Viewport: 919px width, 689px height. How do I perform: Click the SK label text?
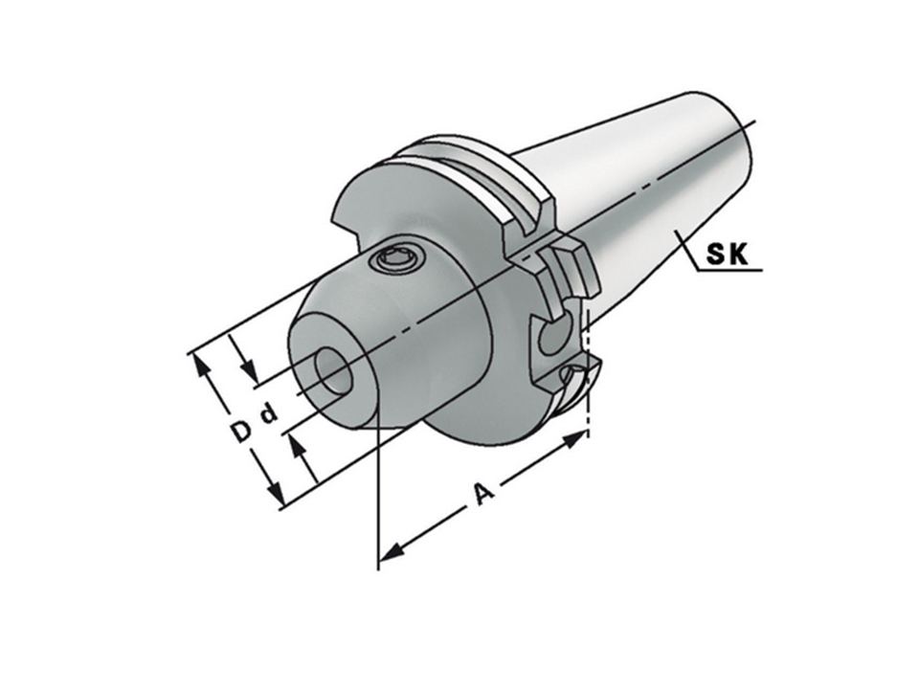728,255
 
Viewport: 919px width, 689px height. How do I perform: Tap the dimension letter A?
483,494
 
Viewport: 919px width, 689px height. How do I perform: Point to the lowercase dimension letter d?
268,414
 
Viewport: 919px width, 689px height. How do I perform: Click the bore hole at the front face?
333,371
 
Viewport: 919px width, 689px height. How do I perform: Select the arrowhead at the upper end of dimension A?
575,439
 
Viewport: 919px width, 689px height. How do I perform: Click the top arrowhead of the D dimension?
202,367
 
